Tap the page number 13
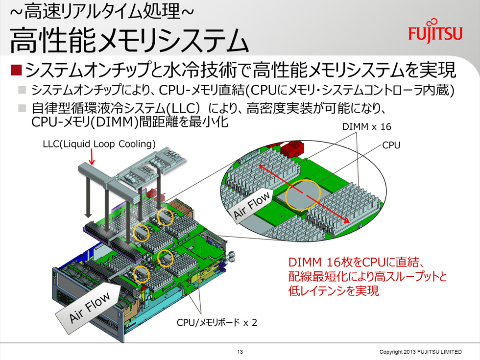(240, 352)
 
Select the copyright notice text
(420, 352)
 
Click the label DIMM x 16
(366, 127)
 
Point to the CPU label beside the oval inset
(391, 145)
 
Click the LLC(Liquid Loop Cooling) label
(99, 144)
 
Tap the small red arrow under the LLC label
(92, 157)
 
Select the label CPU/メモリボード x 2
(216, 322)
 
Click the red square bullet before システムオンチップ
(16, 70)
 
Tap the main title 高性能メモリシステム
(129, 40)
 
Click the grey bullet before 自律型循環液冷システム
(22, 108)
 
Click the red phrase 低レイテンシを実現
(334, 290)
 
